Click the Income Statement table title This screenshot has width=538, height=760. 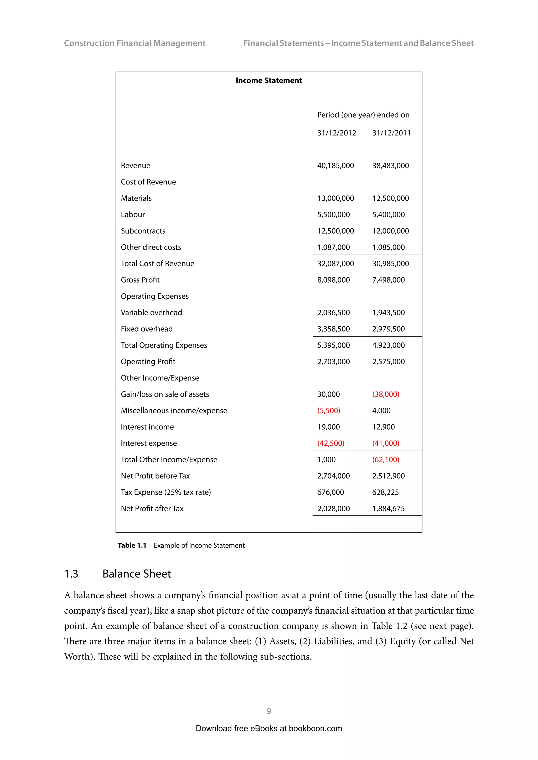click(269, 81)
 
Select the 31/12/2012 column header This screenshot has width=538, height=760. click(336, 133)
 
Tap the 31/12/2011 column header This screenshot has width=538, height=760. click(391, 133)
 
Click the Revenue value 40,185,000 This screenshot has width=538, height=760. click(335, 166)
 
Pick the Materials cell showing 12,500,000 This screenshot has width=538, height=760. click(390, 198)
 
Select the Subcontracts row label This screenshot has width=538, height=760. click(143, 231)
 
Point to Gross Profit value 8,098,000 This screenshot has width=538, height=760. click(333, 280)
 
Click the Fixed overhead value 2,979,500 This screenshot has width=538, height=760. click(388, 329)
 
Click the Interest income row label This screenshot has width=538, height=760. click(147, 427)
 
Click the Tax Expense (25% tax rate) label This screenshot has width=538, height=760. click(166, 492)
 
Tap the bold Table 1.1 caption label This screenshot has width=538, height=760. click(132, 546)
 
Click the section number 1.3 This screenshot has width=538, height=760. click(71, 574)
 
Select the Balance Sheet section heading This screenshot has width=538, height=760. click(137, 574)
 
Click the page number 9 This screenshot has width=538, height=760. click(269, 711)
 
